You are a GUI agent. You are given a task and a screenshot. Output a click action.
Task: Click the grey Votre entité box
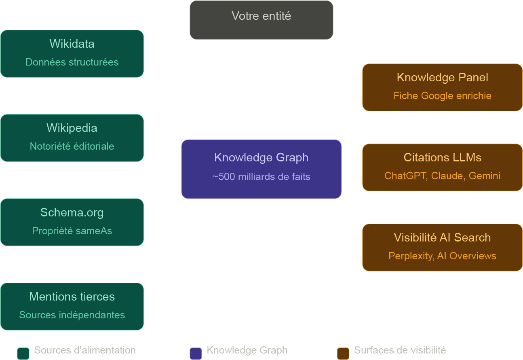(x=261, y=20)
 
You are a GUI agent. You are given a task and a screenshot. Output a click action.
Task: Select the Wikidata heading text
(x=72, y=44)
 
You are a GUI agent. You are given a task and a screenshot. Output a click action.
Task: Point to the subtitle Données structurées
(x=72, y=62)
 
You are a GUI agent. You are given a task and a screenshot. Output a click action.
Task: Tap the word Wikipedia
(x=72, y=128)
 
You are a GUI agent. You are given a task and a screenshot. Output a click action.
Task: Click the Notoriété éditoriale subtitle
(x=72, y=146)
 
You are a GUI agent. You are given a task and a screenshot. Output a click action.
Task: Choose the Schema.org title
(x=72, y=212)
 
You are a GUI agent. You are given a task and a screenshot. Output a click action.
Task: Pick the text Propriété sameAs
(x=72, y=231)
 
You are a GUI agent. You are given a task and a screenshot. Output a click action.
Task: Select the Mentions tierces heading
(x=72, y=296)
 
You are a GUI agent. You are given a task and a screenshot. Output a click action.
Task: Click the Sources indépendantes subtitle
(x=72, y=315)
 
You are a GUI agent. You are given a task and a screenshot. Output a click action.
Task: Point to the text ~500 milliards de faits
(x=261, y=177)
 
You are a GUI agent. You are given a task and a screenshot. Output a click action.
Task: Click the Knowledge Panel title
(x=442, y=77)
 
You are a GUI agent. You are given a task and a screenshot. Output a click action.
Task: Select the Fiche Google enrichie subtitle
(x=442, y=96)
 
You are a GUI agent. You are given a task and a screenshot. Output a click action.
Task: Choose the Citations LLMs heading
(x=442, y=157)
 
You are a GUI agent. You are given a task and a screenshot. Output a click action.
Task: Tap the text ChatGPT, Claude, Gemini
(x=442, y=176)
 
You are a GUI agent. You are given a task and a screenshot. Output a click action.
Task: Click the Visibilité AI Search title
(x=442, y=237)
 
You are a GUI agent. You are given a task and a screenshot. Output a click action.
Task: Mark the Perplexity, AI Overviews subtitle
(x=442, y=256)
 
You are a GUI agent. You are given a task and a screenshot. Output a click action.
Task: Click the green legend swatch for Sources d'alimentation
(x=23, y=354)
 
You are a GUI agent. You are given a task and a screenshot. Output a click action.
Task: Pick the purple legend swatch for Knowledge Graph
(x=196, y=354)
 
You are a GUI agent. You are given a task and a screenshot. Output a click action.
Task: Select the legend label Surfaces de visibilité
(x=400, y=350)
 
